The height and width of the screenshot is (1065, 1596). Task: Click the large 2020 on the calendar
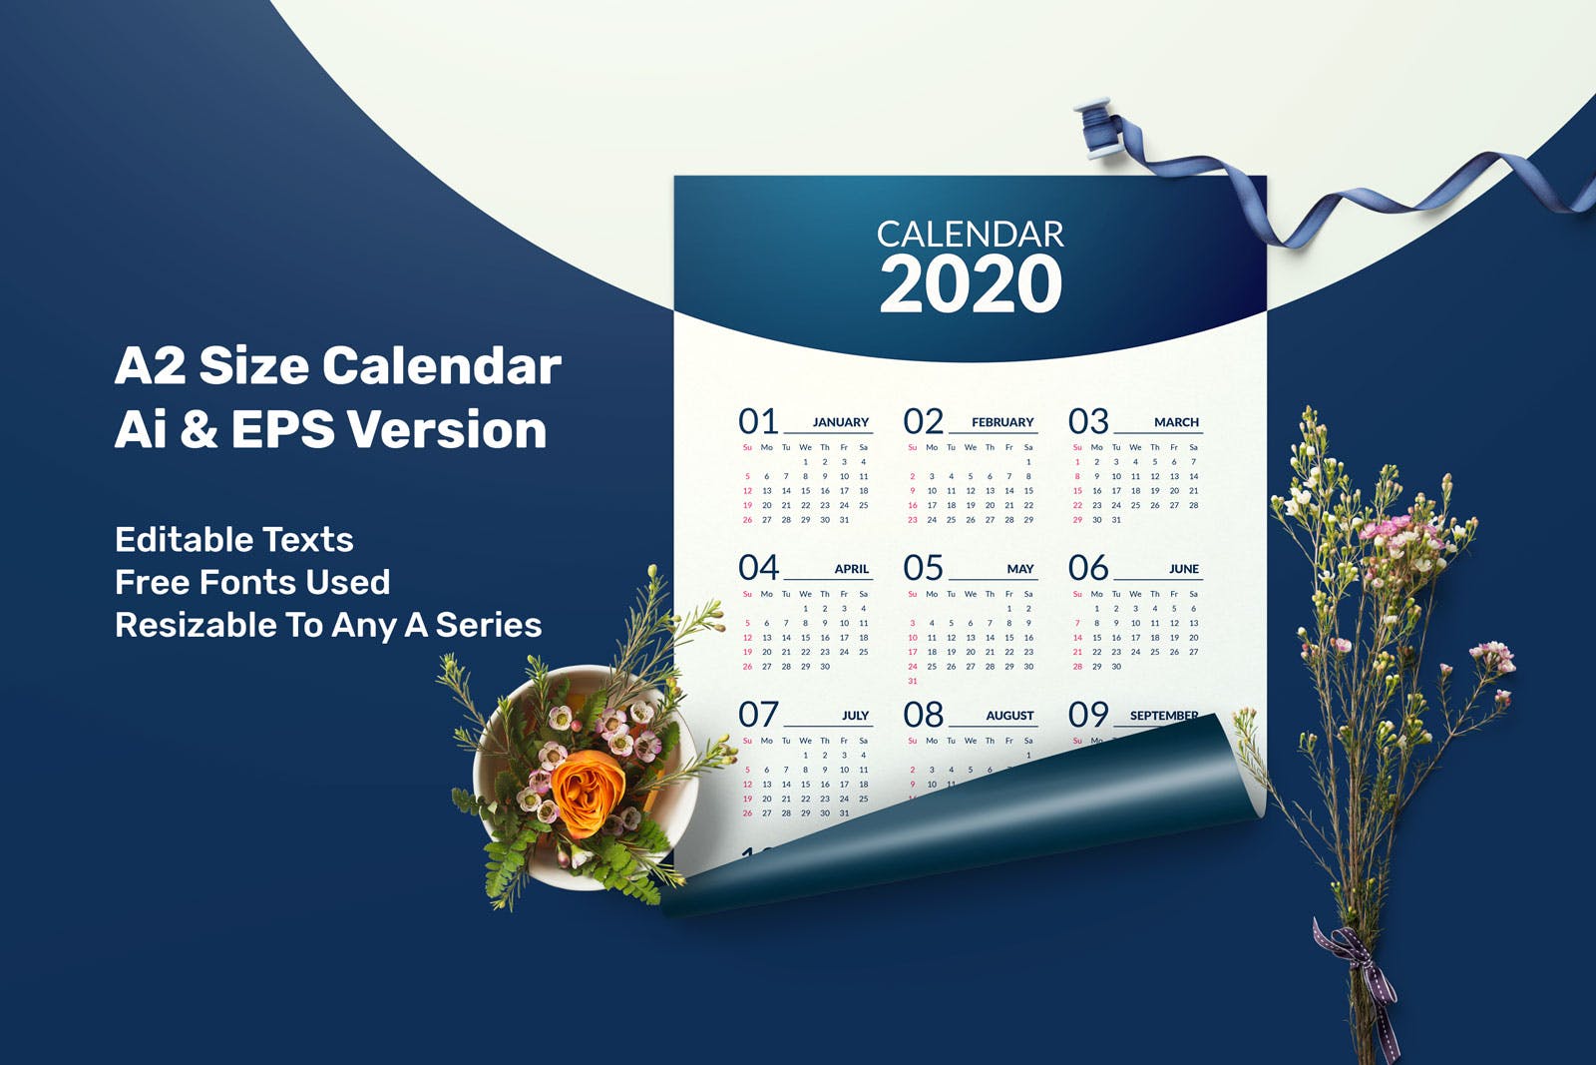click(971, 284)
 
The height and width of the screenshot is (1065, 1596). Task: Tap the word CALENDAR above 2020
click(971, 235)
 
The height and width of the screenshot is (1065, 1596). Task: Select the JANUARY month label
click(840, 422)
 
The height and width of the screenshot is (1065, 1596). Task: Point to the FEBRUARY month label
click(1002, 422)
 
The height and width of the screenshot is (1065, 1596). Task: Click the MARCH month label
click(1176, 422)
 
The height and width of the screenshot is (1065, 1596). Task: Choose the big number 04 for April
click(758, 568)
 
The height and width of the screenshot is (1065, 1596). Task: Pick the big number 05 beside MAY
click(923, 568)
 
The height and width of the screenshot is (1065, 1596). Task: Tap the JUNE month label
click(1184, 569)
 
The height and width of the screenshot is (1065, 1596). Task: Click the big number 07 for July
click(758, 715)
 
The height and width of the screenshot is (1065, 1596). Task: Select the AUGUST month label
click(1009, 716)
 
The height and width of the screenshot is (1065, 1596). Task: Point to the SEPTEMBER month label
click(1163, 715)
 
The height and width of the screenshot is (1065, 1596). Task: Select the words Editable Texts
click(234, 540)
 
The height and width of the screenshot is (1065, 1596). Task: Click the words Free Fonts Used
click(252, 582)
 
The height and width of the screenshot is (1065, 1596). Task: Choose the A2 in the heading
click(150, 365)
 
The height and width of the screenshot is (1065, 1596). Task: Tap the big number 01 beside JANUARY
click(757, 421)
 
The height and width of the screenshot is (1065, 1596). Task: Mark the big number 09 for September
click(1088, 715)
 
